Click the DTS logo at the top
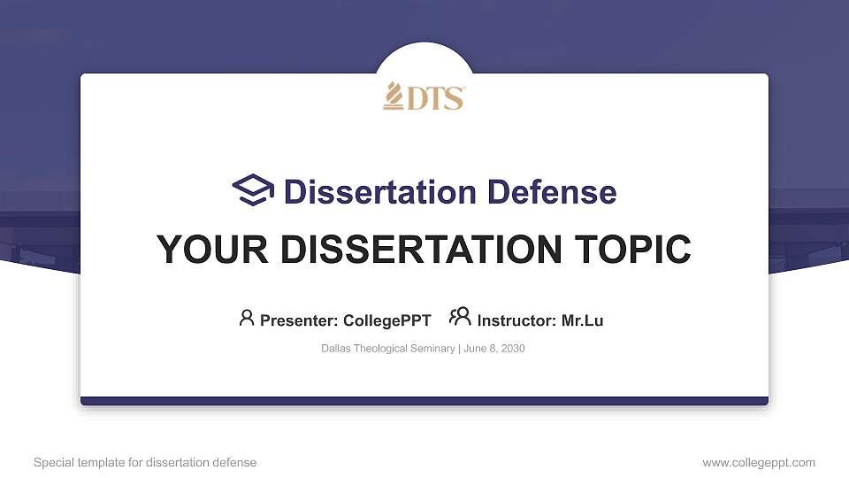(x=424, y=96)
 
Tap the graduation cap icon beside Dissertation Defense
(x=253, y=189)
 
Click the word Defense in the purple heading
(x=552, y=192)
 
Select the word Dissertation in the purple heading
(x=380, y=192)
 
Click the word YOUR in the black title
(x=212, y=250)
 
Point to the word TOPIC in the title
(x=632, y=250)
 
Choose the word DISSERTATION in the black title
(x=421, y=250)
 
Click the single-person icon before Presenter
(x=247, y=318)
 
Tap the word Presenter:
(x=299, y=320)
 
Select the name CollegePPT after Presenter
(x=387, y=320)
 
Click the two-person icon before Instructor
(x=460, y=317)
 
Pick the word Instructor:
(x=516, y=320)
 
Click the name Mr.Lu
(x=582, y=320)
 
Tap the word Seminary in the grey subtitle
(x=432, y=349)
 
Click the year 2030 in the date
(x=513, y=349)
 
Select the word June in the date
(x=475, y=349)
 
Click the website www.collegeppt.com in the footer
(x=759, y=463)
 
